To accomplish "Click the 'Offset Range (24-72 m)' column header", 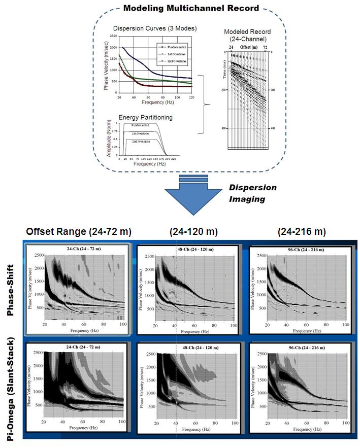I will [79, 232].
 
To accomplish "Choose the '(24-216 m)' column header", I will [302, 232].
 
